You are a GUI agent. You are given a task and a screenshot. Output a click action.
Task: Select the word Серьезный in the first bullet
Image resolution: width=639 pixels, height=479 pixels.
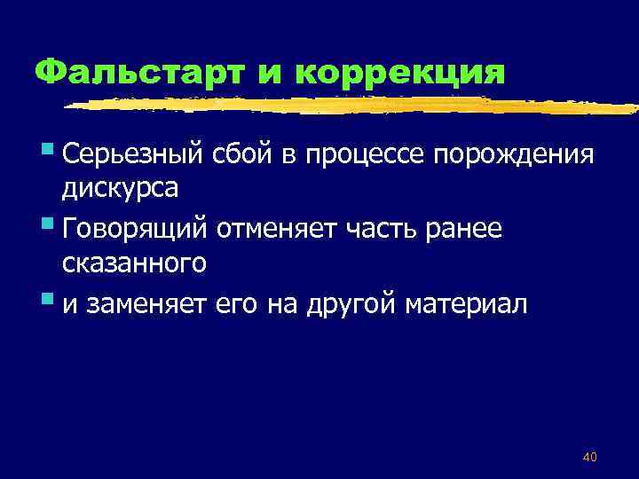pos(134,158)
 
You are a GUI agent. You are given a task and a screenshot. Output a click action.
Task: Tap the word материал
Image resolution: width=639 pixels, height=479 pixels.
pos(466,304)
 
